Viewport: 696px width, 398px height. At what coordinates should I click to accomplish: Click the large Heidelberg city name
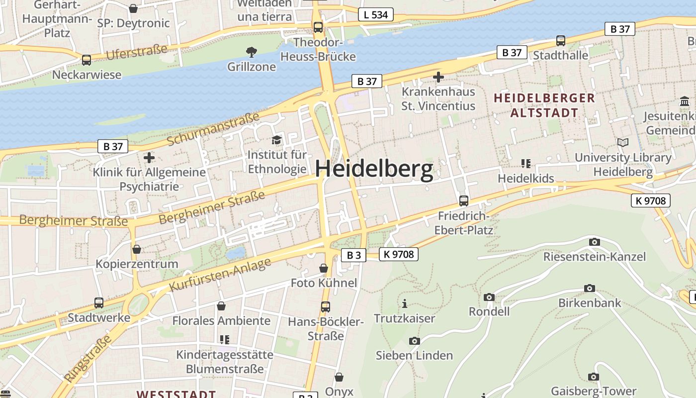[374, 170]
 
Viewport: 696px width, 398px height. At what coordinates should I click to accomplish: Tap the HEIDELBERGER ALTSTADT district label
[544, 105]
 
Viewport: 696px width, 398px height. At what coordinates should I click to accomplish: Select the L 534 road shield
[376, 14]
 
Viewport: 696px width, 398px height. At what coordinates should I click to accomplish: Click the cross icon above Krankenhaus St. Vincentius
[438, 77]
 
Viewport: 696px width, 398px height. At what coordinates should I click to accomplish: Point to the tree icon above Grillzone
[252, 52]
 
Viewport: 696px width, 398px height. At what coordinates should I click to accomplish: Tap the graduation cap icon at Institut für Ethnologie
[276, 140]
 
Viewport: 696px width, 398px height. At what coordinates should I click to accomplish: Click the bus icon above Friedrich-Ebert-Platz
[463, 201]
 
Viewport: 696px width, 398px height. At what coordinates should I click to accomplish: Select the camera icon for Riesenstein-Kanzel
[594, 242]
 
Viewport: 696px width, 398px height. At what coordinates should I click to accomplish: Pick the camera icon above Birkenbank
[590, 289]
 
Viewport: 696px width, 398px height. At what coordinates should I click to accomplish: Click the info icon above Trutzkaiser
[405, 303]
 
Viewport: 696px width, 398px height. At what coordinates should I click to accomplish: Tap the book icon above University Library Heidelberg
[622, 143]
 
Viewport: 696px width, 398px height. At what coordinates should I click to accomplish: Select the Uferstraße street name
[136, 52]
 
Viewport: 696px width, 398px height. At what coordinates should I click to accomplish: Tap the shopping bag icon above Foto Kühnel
[324, 269]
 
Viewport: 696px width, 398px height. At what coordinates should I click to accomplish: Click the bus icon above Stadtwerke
[99, 303]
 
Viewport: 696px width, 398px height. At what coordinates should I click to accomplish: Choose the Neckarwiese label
[87, 75]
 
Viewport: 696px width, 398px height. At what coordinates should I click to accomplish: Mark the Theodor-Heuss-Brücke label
[318, 49]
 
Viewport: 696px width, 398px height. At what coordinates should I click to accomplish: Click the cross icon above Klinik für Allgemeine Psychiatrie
[149, 158]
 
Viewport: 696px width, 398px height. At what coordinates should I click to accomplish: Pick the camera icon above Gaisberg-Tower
[593, 377]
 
